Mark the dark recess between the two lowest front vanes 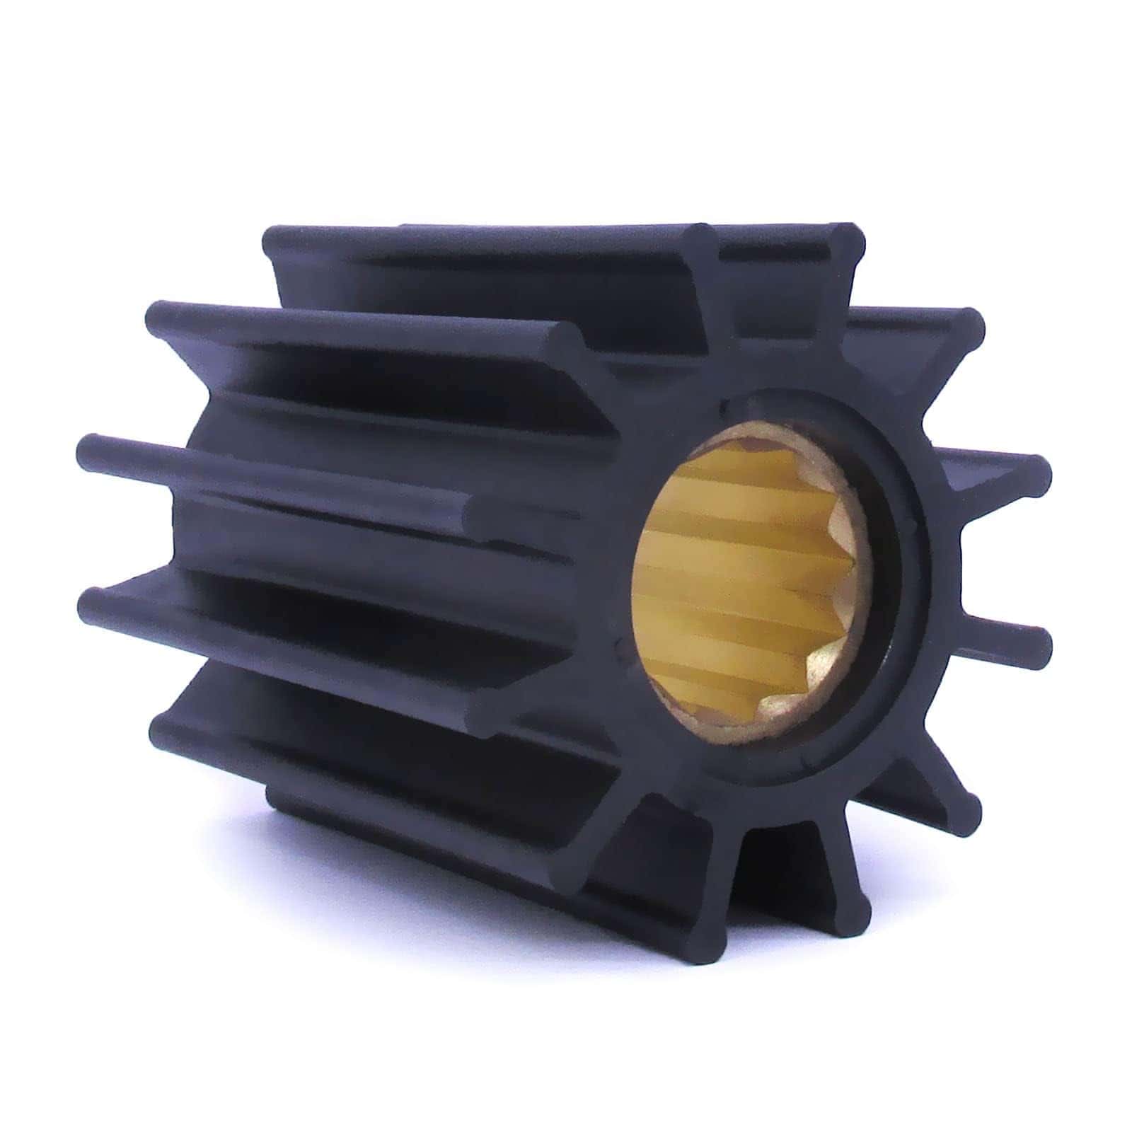pyautogui.click(x=778, y=870)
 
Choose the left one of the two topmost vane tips pyautogui.click(x=700, y=237)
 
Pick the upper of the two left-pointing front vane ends pyautogui.click(x=481, y=509)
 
